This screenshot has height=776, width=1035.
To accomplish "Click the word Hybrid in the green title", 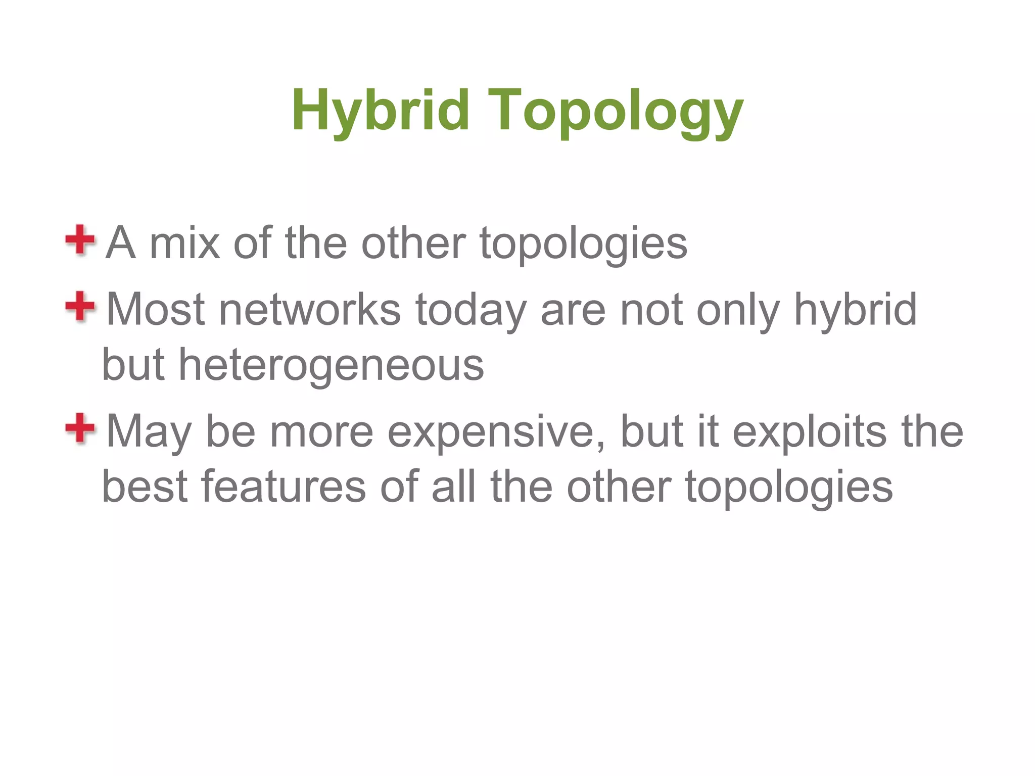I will point(381,110).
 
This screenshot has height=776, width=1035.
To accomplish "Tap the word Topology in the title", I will point(616,111).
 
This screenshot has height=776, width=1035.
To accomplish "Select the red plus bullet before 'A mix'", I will point(80,240).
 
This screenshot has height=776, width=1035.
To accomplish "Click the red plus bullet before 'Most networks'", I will point(80,306).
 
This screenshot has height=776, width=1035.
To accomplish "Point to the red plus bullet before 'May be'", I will point(80,428).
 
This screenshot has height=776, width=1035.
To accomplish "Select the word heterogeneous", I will point(331,365).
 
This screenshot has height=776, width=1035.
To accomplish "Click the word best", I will point(145,487).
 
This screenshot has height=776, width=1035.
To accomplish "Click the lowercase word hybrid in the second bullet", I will point(855,309).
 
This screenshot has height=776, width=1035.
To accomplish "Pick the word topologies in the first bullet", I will point(583,244).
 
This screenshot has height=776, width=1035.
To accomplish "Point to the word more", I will point(321,432).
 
